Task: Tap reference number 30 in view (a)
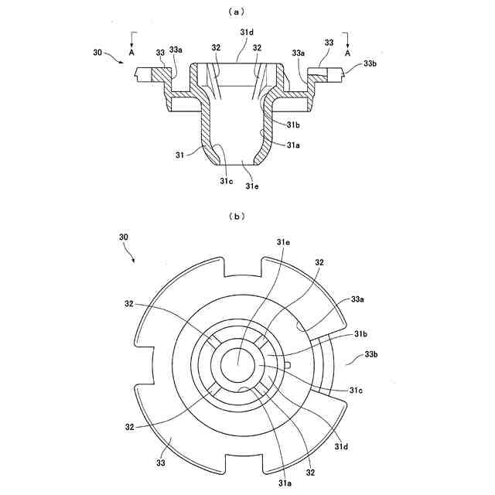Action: click(x=97, y=53)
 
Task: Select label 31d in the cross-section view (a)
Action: click(x=247, y=32)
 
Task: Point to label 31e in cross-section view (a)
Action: click(x=252, y=186)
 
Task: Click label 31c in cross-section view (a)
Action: click(x=225, y=180)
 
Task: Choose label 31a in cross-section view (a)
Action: click(x=293, y=145)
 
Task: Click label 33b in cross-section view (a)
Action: click(x=370, y=63)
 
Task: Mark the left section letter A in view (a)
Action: click(x=132, y=54)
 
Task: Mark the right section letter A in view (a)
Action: click(x=348, y=54)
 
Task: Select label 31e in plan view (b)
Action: click(x=283, y=243)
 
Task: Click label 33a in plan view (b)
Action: click(x=358, y=299)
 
